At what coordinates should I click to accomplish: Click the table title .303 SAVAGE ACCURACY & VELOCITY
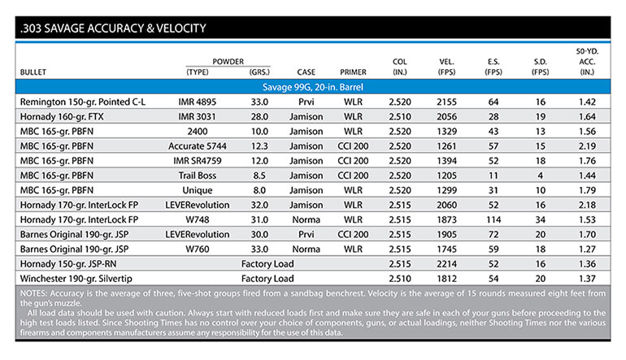113,28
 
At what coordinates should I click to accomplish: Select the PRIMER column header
353,72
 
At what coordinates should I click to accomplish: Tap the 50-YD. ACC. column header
587,62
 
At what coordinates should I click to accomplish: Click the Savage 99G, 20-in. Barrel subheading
313,87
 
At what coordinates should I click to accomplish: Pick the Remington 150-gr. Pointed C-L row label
83,102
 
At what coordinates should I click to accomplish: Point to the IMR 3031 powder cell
198,116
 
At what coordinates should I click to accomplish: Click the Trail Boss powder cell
198,176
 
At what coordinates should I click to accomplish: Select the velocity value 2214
446,264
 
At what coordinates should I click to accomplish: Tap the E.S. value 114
493,220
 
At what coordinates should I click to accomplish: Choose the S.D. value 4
540,176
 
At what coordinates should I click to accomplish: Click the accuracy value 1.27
587,249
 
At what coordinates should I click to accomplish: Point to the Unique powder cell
198,190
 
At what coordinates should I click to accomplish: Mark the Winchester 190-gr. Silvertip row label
76,279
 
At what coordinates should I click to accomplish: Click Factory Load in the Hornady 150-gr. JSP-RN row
267,264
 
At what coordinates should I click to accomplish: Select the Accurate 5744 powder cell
198,146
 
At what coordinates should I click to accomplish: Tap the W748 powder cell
198,220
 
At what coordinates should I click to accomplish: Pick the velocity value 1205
446,176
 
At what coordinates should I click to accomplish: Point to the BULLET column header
33,72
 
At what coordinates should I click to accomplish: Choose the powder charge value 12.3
259,146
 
